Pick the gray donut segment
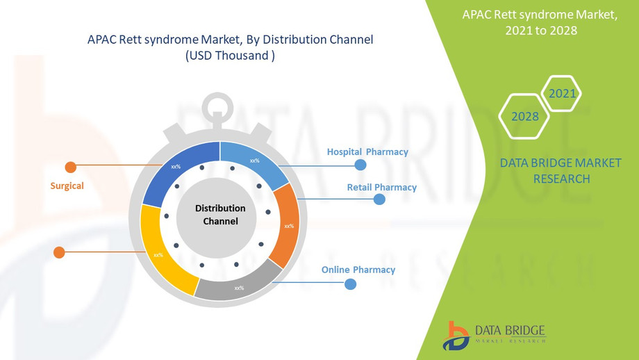click(238, 282)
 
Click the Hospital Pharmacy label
click(367, 152)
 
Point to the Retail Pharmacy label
click(382, 187)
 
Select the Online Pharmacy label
click(358, 270)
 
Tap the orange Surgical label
click(67, 186)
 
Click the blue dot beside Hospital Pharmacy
click(360, 165)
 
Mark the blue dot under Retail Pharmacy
click(379, 199)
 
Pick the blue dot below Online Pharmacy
click(351, 284)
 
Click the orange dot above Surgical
click(71, 167)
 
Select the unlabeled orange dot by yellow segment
click(59, 252)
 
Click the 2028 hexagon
click(524, 117)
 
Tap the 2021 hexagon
click(562, 93)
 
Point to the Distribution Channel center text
click(220, 215)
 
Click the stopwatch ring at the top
click(217, 108)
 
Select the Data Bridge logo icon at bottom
click(456, 336)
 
